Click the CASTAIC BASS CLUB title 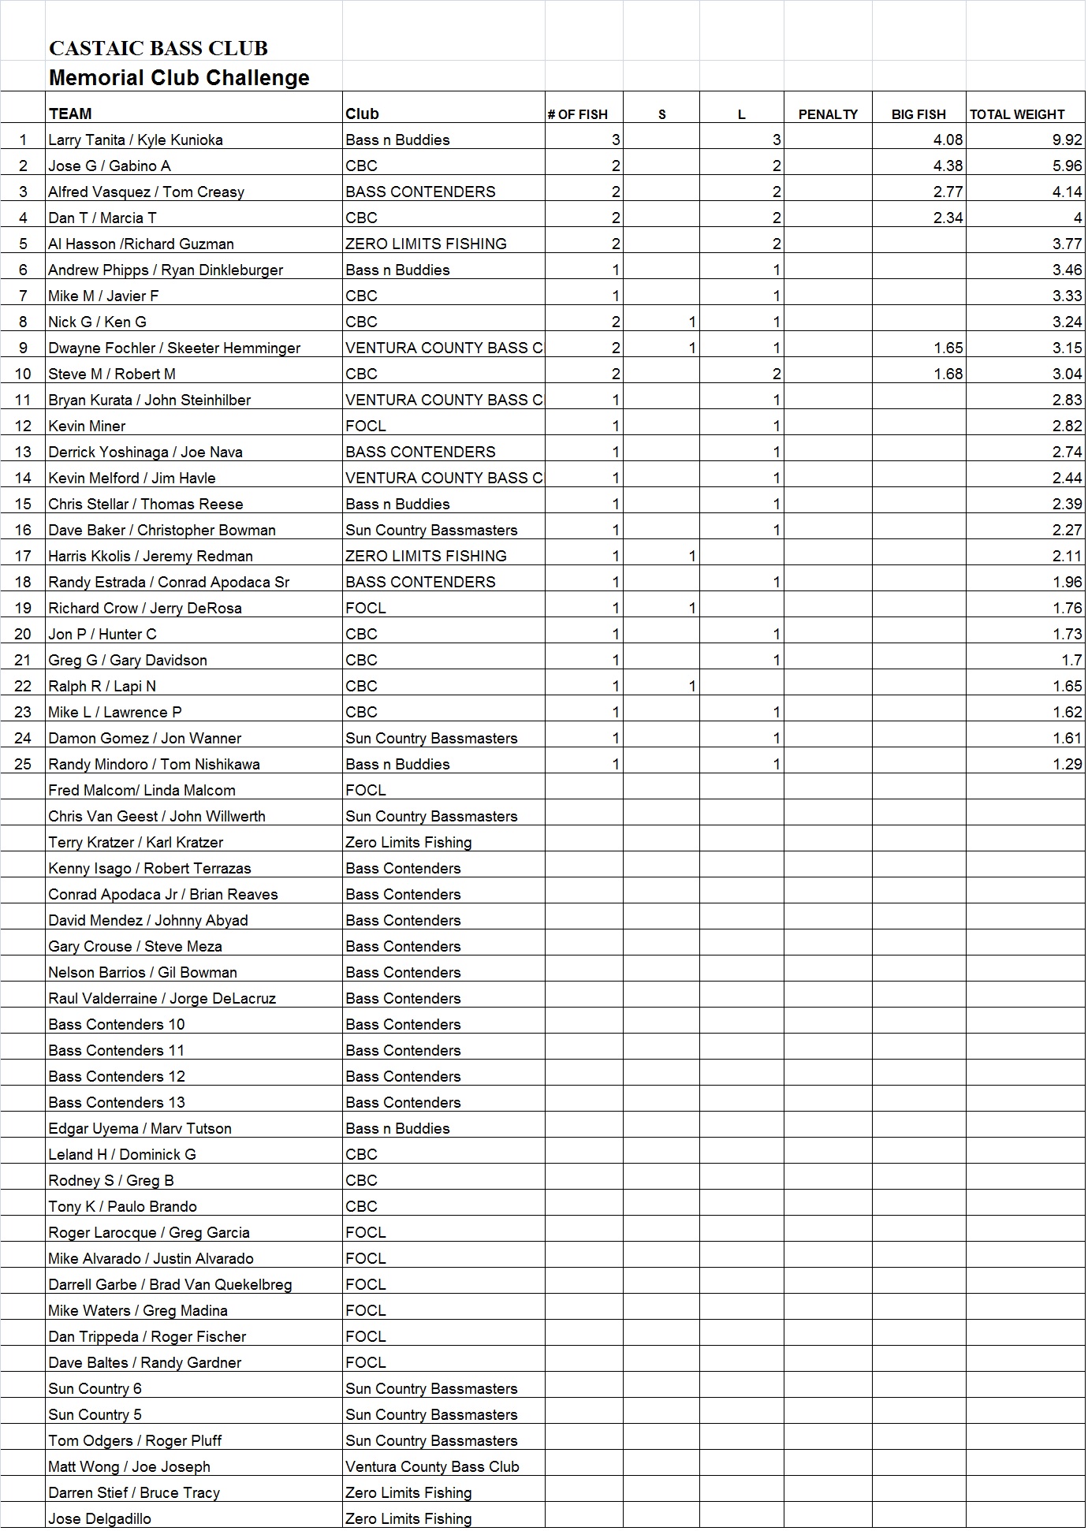158,49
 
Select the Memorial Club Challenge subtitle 179,78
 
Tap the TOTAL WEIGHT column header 1016,114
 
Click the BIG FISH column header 918,114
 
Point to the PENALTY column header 827,114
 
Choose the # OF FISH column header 578,114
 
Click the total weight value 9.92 1067,140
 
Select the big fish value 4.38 948,166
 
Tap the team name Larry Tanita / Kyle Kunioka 136,140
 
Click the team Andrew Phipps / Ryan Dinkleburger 166,270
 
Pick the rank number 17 23,557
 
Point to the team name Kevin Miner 87,427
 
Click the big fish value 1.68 948,374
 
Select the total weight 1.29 1067,765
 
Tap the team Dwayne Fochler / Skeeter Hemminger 174,348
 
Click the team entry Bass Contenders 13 117,1103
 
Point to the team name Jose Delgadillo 99,1519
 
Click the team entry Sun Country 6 95,1389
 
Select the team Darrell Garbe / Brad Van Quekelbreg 170,1285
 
